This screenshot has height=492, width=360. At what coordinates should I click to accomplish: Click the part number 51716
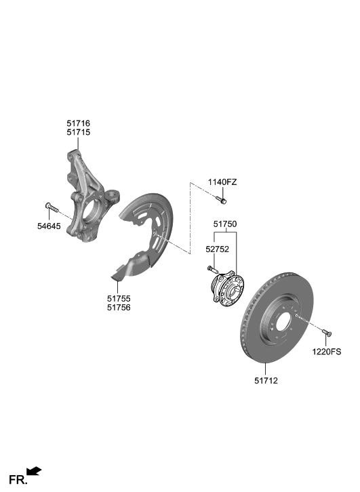point(78,123)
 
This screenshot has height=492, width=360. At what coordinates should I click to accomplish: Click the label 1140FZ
point(222,182)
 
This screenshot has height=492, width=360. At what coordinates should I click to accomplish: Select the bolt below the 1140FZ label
point(222,199)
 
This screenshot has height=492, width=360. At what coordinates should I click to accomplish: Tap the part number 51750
point(225,223)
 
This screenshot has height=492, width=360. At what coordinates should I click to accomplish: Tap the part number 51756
point(119,307)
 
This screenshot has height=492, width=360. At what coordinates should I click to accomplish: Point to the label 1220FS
point(327,352)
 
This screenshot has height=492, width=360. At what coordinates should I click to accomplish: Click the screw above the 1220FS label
point(327,333)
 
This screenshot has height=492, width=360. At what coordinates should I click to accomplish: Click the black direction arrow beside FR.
point(35,470)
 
